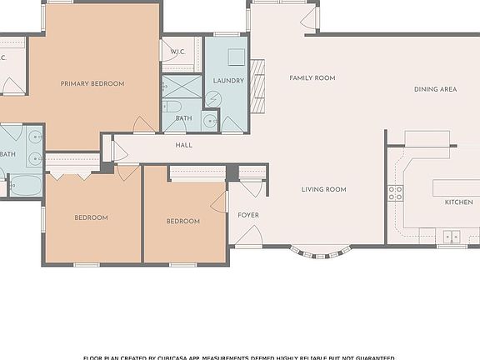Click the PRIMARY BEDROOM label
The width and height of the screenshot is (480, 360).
tap(92, 83)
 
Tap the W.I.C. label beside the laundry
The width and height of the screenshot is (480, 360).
tap(177, 52)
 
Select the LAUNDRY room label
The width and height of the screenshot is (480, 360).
tap(228, 81)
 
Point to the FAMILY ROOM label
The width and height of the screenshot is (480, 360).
tap(312, 77)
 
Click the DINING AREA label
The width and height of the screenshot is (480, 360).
tap(436, 89)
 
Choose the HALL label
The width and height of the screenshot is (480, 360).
tap(184, 145)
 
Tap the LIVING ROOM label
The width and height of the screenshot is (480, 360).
tap(323, 189)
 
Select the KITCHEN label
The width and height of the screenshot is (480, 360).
tap(458, 202)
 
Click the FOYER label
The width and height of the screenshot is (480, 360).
tap(248, 215)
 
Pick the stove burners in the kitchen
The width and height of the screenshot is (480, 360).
tap(395, 192)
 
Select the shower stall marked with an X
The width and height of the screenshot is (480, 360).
tap(176, 86)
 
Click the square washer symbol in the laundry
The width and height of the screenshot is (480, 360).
tap(236, 57)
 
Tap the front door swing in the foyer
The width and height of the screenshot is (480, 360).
tap(247, 236)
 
